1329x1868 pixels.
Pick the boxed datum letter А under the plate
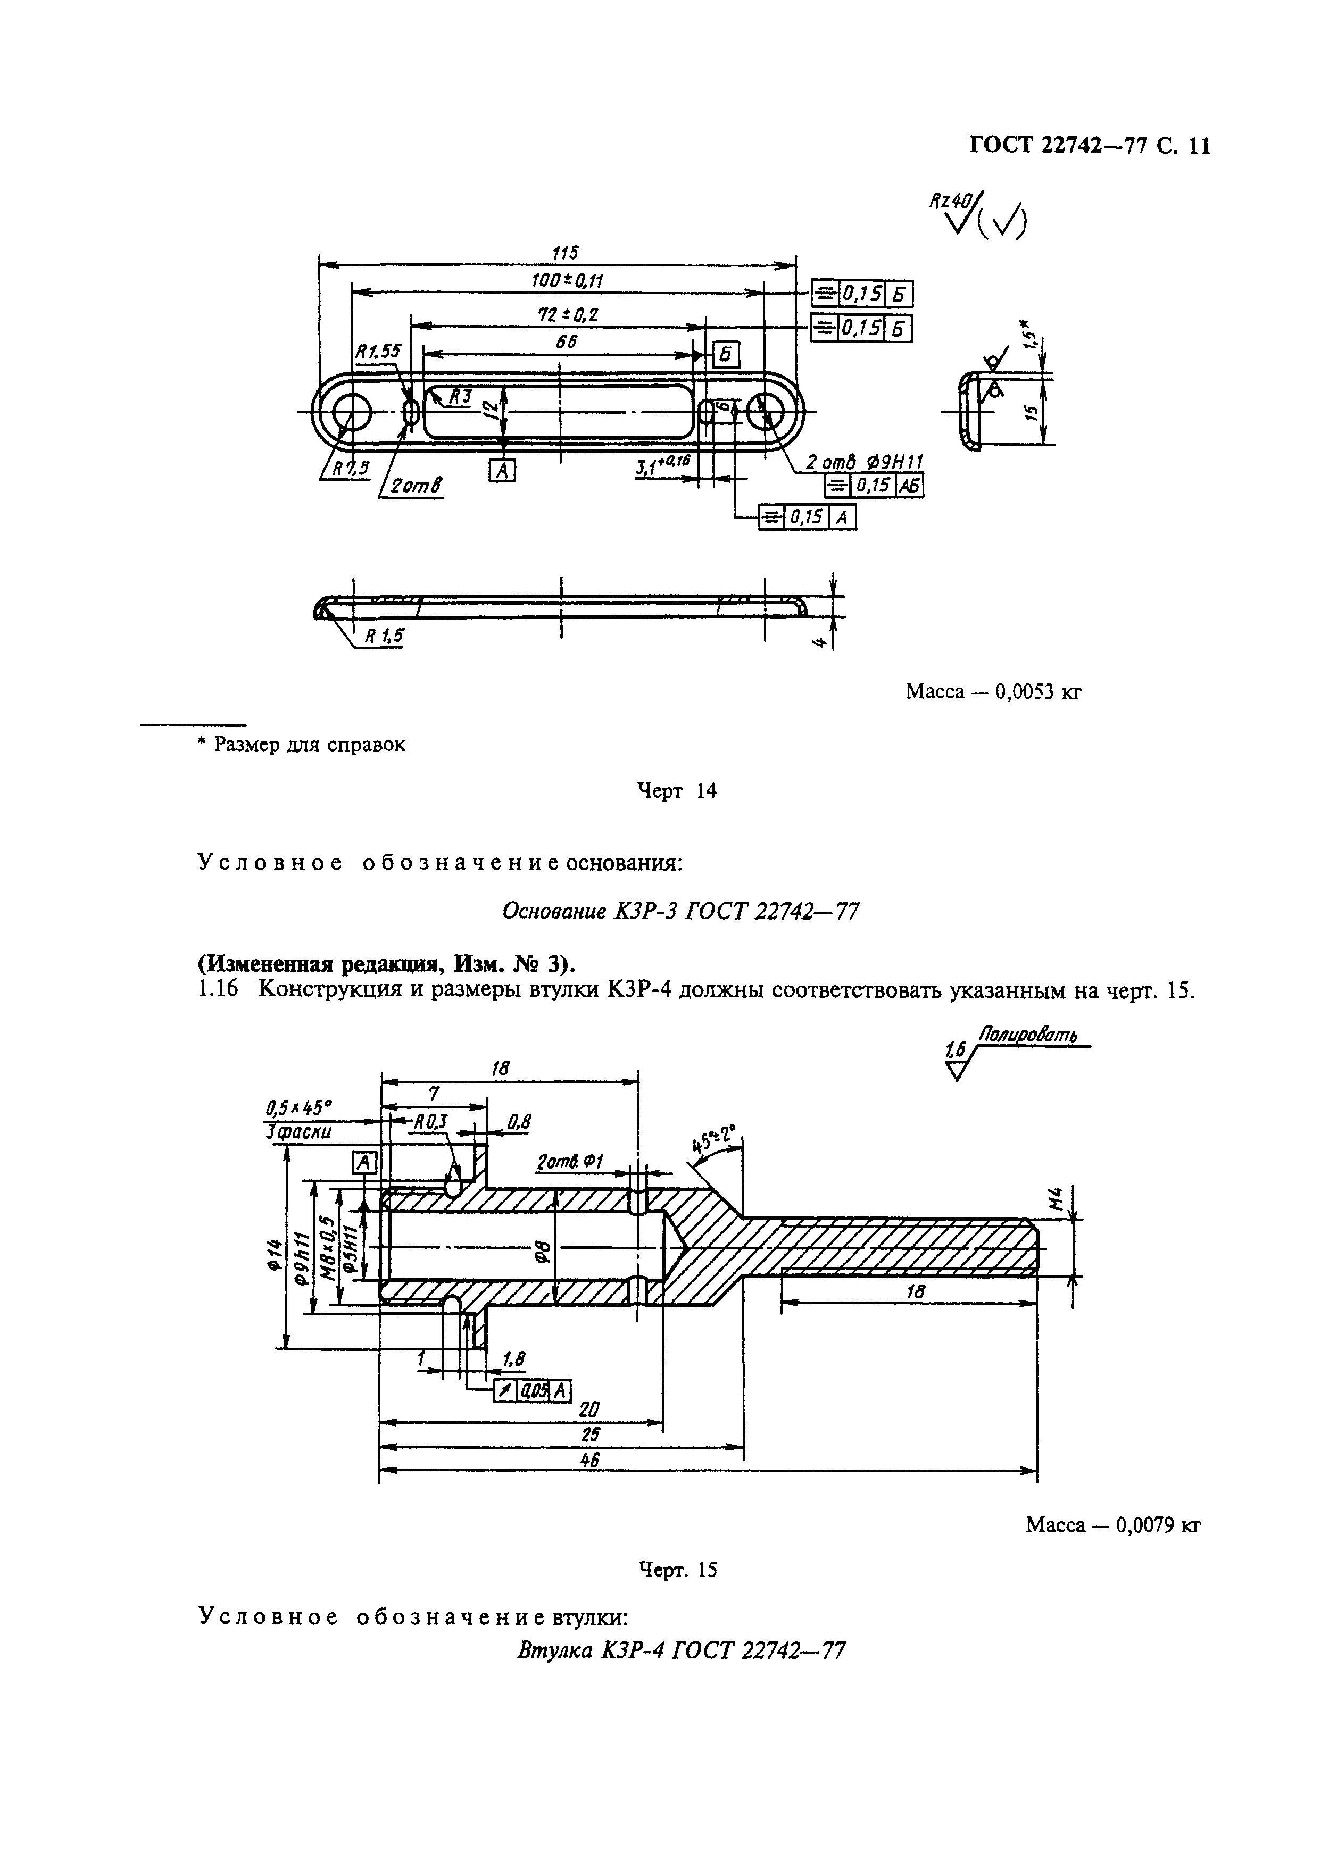tap(502, 471)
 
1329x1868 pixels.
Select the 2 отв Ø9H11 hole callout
tap(864, 463)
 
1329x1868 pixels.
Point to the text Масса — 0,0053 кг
tap(993, 692)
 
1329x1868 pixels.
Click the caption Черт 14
tap(676, 790)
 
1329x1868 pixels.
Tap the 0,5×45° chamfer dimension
tap(298, 1108)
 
